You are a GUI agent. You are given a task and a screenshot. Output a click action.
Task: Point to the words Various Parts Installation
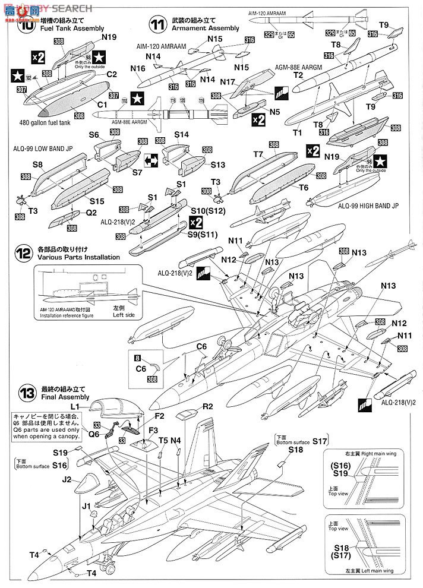pos(78,257)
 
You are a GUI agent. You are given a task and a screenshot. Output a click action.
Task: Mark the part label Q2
pos(90,211)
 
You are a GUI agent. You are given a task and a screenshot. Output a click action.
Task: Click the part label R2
pos(207,407)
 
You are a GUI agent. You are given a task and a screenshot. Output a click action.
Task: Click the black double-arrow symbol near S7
pos(151,159)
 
